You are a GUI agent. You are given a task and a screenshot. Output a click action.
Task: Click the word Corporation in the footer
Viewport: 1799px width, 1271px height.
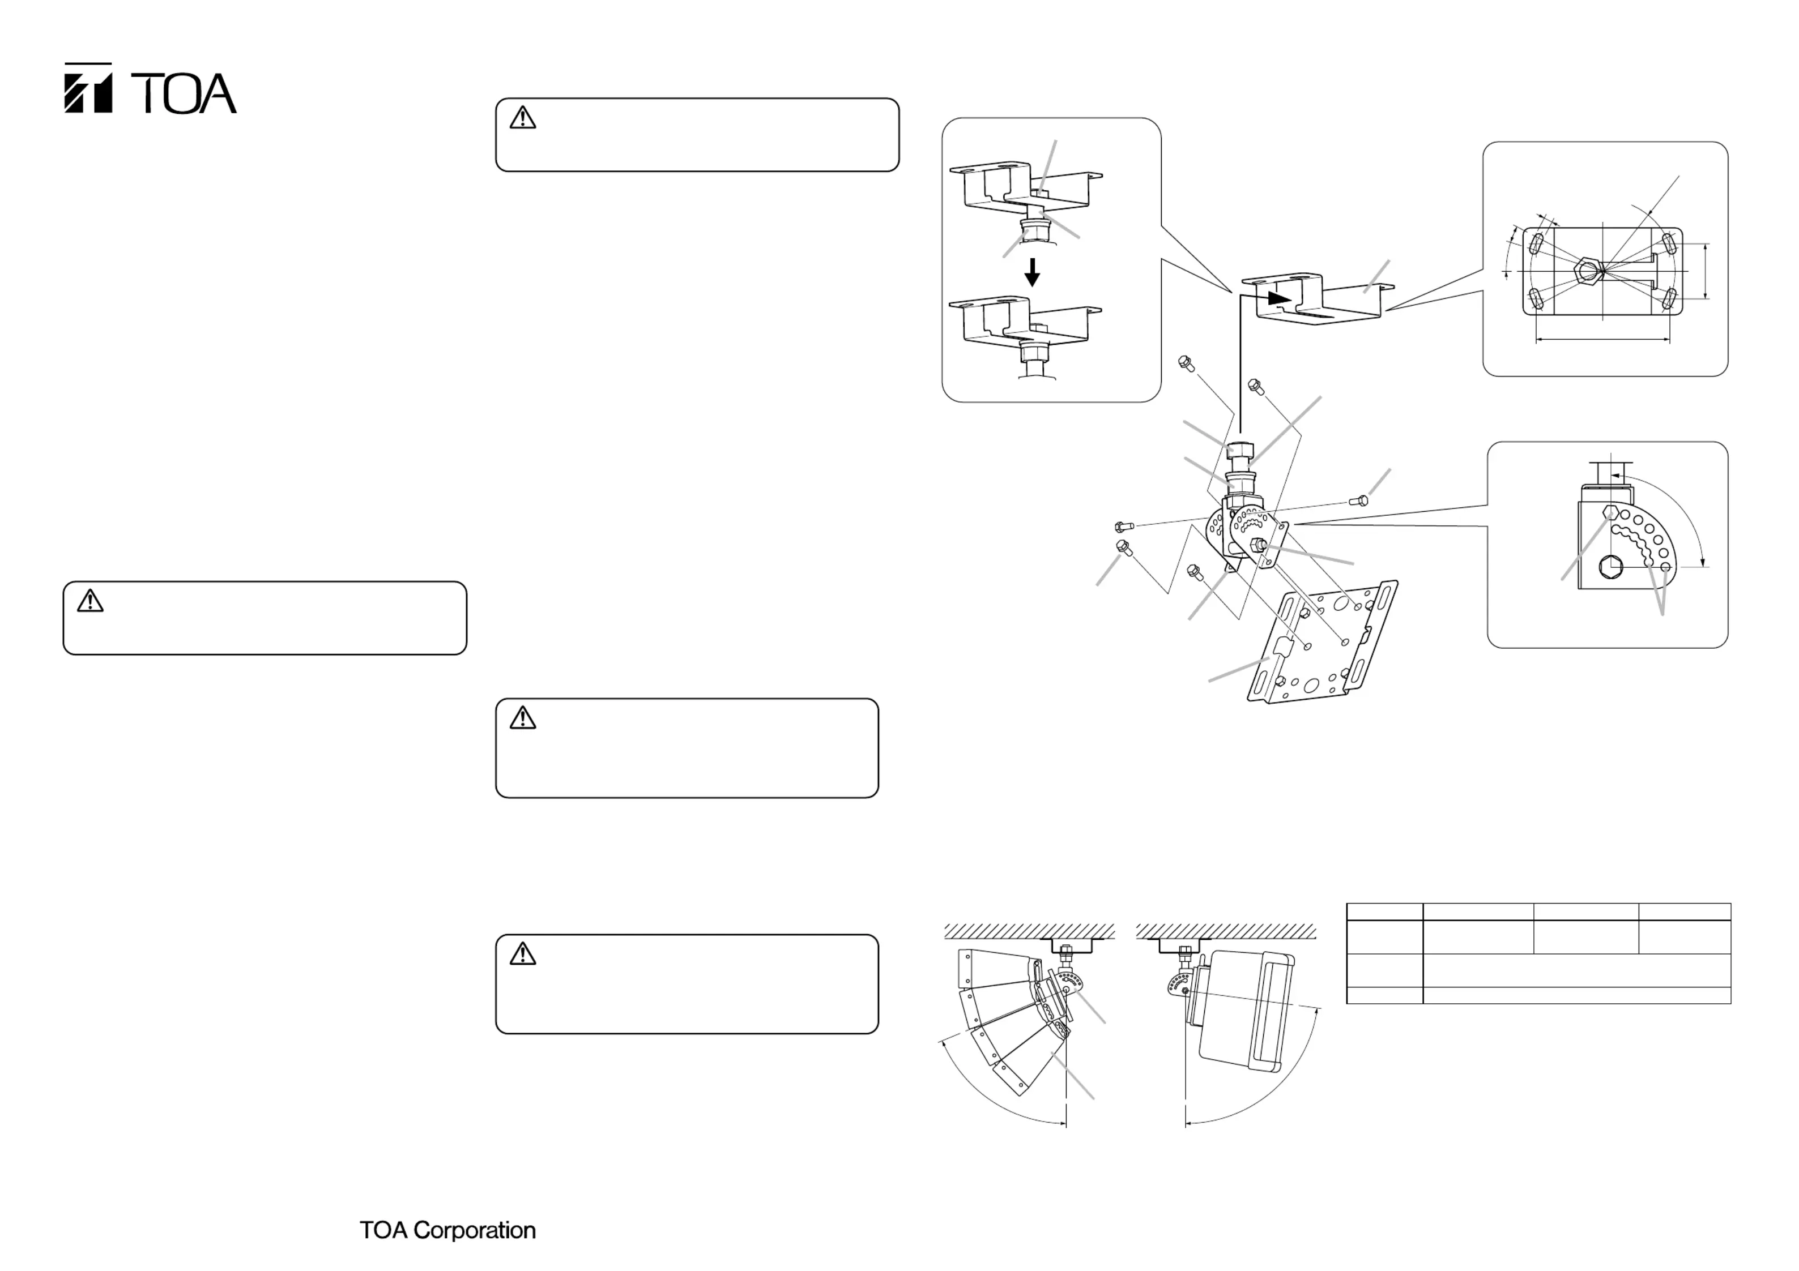(475, 1230)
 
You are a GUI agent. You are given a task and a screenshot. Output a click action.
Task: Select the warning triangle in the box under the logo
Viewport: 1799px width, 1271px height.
(90, 601)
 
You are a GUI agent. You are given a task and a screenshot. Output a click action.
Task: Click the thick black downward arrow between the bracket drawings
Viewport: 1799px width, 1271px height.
(1033, 272)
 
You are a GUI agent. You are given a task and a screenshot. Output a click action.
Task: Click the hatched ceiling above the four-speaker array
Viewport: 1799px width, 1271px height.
(1029, 931)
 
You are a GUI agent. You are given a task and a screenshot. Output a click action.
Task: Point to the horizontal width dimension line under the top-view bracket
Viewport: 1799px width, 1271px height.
(1603, 340)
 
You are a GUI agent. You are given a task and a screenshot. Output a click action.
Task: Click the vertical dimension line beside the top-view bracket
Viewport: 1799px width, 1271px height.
(1706, 271)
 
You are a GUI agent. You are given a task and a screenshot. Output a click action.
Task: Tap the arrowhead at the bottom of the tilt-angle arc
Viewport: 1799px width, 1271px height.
(1703, 559)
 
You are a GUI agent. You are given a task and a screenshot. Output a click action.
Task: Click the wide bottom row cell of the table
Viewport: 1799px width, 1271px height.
(1576, 995)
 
